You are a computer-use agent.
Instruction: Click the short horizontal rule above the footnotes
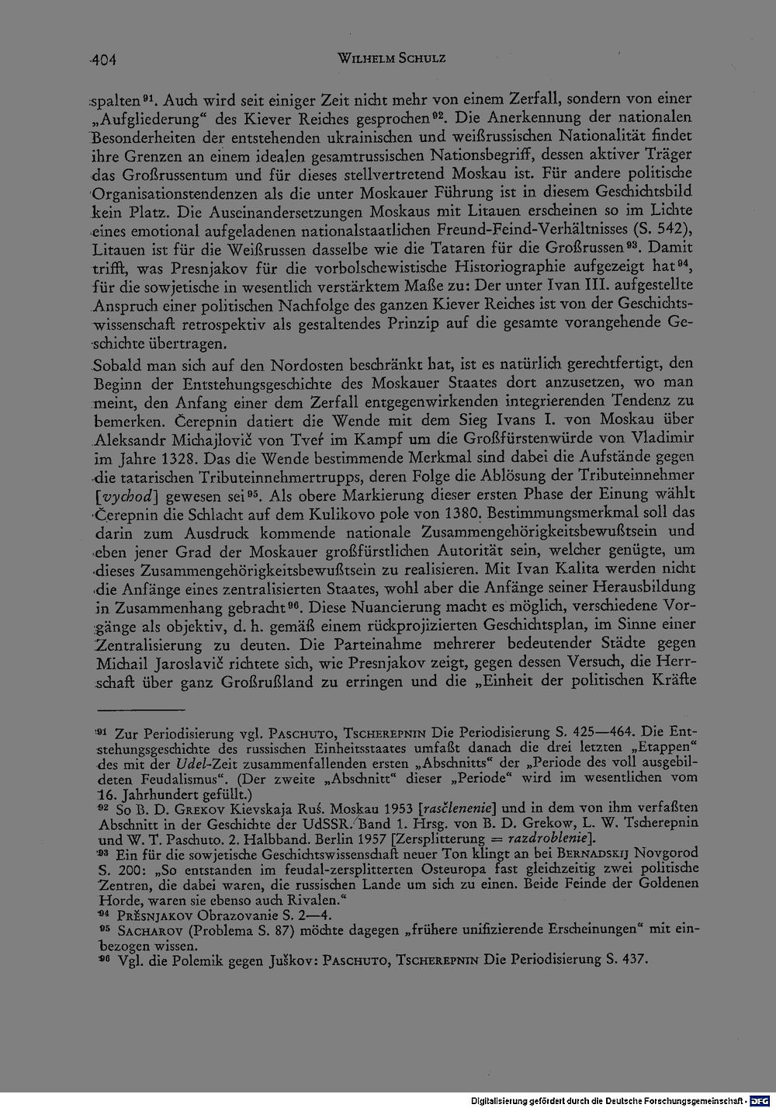tap(140, 709)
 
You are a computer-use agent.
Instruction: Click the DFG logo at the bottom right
tap(764, 1100)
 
